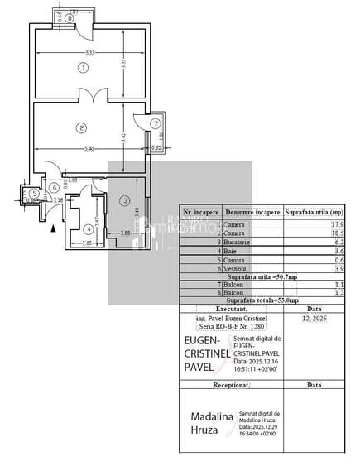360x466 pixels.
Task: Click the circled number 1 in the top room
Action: (x=82, y=67)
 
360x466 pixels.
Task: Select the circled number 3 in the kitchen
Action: (x=124, y=200)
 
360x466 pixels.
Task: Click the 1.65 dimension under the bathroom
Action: (x=87, y=243)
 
